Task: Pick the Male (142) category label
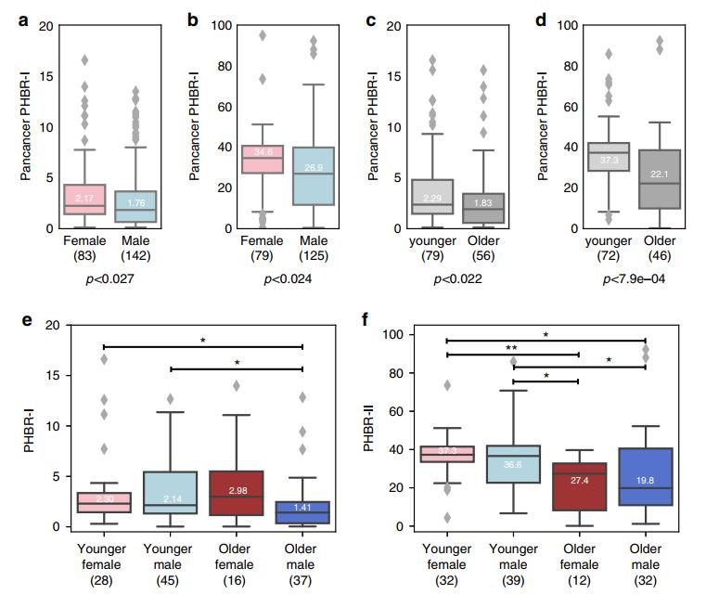tap(135, 248)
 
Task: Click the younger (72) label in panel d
tap(602, 248)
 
